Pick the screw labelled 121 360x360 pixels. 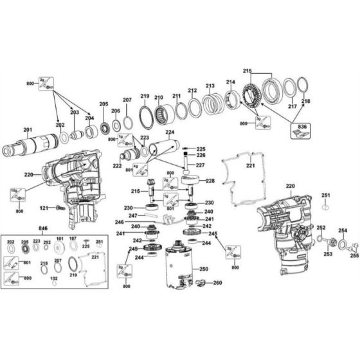point(59,208)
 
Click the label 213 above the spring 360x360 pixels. point(210,85)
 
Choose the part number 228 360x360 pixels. point(210,181)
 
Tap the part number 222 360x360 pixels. point(118,166)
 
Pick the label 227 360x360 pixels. point(201,165)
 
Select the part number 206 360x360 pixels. point(116,111)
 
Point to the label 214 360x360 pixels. point(230,82)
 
